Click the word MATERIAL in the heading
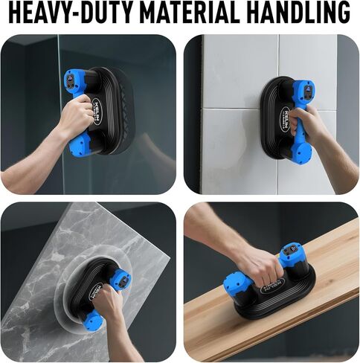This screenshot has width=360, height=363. click(x=172, y=13)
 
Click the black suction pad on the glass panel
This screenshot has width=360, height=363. click(x=112, y=112)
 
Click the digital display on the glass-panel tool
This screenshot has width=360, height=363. click(x=73, y=77)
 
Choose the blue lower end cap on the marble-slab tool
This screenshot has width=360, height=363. click(x=91, y=322)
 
